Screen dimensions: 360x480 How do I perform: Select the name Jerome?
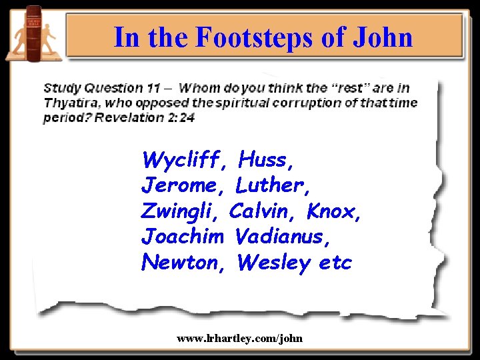(x=179, y=185)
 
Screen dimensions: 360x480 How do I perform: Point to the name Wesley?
(x=273, y=263)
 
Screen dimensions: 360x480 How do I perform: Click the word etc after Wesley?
(x=335, y=263)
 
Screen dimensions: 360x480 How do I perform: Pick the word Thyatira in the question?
(x=69, y=103)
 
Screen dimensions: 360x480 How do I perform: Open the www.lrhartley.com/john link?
(x=239, y=339)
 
